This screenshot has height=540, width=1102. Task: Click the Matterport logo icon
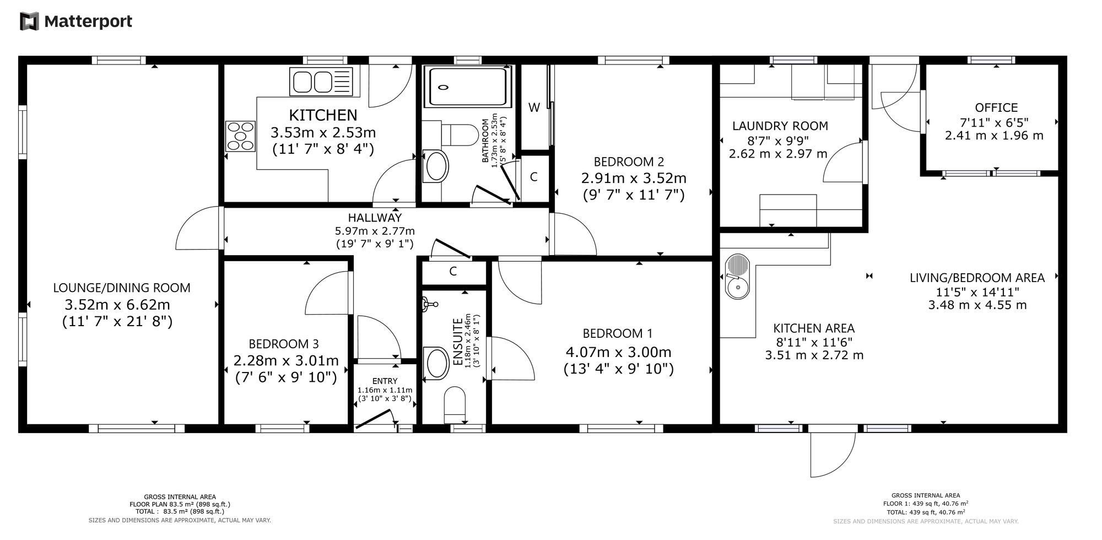(x=29, y=21)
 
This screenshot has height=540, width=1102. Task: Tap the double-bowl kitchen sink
(x=321, y=82)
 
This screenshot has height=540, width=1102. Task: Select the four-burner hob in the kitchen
(x=240, y=136)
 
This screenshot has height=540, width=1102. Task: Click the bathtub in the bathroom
(x=467, y=87)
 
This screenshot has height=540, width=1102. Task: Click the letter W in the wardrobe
(x=534, y=107)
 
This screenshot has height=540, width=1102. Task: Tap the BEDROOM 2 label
(x=629, y=161)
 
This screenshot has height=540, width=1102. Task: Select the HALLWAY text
(x=375, y=218)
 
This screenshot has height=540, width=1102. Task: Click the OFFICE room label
(x=996, y=107)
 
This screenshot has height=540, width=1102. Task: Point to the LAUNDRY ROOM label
(x=780, y=126)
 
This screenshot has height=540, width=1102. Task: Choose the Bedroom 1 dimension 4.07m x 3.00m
(x=618, y=352)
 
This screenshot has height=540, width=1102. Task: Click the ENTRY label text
(x=385, y=381)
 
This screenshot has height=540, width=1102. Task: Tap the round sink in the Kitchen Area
(x=737, y=276)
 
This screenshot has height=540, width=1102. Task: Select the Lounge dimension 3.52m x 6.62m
(x=117, y=304)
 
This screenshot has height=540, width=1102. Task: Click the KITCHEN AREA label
(x=814, y=328)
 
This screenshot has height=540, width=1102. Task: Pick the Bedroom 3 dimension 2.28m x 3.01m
(x=286, y=360)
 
